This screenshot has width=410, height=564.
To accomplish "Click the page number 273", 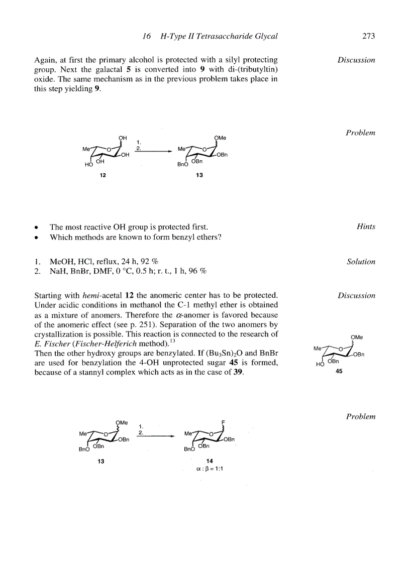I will [x=368, y=36].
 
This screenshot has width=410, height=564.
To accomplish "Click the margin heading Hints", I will [x=366, y=227].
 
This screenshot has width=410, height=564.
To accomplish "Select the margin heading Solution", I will [x=361, y=262].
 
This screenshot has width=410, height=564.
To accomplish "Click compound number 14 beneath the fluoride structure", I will [x=210, y=461].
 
